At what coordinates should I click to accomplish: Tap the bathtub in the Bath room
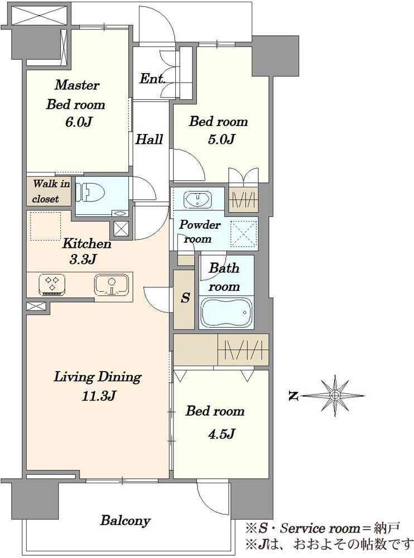(226, 312)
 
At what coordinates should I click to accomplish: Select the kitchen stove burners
(52, 285)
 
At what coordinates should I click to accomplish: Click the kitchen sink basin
(112, 285)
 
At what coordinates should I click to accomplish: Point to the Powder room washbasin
(198, 199)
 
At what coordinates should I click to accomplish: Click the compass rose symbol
(335, 396)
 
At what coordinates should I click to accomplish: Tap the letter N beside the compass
(293, 396)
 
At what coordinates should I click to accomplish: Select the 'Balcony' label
(126, 521)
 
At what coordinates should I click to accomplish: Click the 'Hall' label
(149, 139)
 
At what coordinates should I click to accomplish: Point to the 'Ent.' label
(152, 79)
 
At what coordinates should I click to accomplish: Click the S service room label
(185, 297)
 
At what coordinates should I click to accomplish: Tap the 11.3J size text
(98, 396)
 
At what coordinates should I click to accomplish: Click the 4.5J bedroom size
(222, 434)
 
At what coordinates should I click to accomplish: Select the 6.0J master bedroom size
(79, 122)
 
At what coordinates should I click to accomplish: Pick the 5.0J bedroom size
(222, 139)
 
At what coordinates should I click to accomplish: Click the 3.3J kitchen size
(83, 259)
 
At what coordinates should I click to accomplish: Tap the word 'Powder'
(200, 224)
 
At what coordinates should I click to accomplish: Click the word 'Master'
(76, 85)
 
